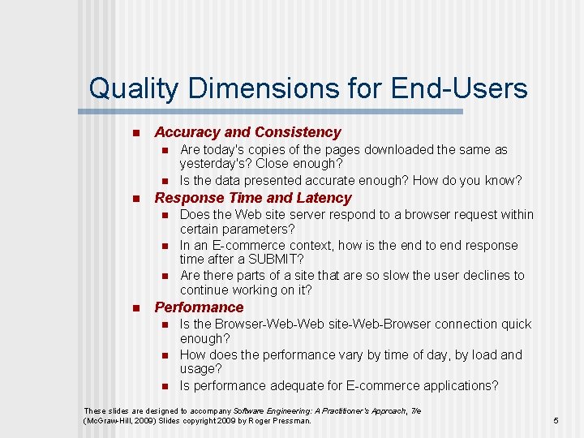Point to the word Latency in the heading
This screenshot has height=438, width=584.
tap(324, 198)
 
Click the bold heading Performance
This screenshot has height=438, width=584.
tap(199, 307)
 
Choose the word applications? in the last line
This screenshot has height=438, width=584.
tap(457, 385)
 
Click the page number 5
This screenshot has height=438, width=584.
tap(556, 421)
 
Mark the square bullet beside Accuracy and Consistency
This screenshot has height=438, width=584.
tap(135, 133)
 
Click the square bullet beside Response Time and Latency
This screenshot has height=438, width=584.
tap(135, 199)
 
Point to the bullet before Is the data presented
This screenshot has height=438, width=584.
tap(163, 181)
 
